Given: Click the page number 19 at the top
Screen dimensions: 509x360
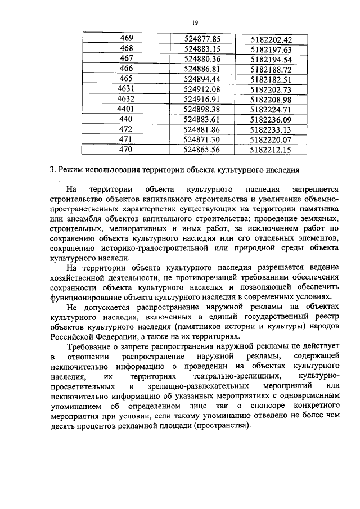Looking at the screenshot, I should point(195,22).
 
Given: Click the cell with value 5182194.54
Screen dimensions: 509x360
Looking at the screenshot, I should point(272,58).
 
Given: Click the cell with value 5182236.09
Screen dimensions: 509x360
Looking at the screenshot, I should point(272,119).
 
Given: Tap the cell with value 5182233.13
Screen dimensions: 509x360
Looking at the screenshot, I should point(272,129).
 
